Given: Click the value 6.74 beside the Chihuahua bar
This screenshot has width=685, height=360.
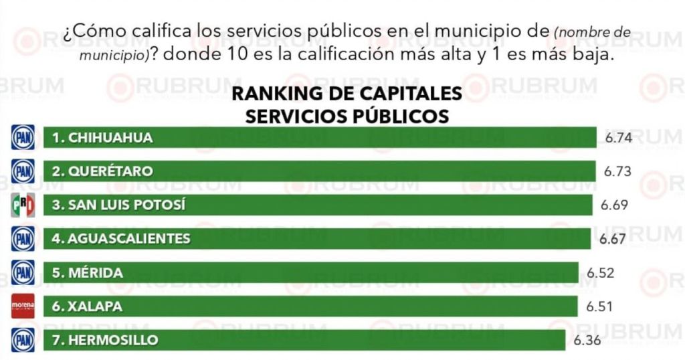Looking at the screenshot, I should click(618, 138).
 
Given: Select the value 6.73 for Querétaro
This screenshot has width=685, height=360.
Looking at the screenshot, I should click(617, 171).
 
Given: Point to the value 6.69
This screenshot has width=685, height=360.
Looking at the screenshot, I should click(614, 205).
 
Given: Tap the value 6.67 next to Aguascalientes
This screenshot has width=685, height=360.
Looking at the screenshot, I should click(613, 239).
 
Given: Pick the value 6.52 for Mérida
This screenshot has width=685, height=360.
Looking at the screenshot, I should click(600, 273).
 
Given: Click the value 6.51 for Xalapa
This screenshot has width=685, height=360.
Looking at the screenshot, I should click(599, 306).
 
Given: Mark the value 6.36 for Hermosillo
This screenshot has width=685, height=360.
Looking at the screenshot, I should click(587, 341).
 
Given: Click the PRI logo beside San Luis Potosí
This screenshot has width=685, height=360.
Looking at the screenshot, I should click(23, 205).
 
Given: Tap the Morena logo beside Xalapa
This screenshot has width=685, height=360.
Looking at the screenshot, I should click(23, 306).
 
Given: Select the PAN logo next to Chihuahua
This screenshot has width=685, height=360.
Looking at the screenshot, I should click(23, 138).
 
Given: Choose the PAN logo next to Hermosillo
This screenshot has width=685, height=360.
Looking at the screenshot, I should click(23, 340).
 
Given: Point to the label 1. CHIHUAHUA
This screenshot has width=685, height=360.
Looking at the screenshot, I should click(102, 138).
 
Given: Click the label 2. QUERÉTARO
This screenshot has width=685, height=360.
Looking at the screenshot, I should click(102, 171).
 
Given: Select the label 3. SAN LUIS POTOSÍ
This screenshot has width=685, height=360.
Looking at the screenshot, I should click(118, 205).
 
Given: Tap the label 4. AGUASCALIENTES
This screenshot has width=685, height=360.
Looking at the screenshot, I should click(121, 239).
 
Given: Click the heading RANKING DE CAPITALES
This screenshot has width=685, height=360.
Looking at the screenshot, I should click(347, 94).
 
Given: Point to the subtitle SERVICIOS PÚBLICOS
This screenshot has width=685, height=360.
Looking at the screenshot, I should click(347, 115).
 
